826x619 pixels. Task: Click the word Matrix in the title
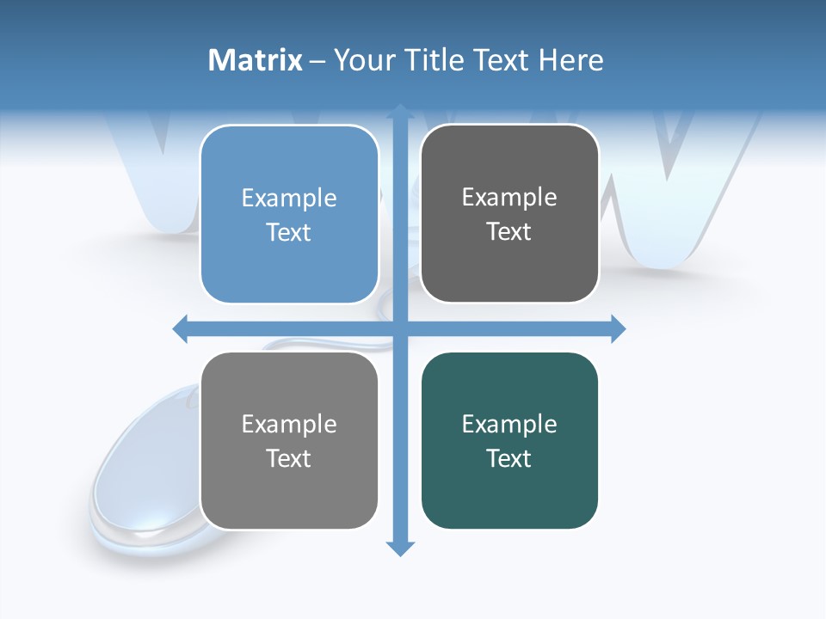click(255, 60)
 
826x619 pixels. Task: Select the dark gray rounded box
click(509, 267)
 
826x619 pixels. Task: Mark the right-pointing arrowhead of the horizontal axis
click(617, 328)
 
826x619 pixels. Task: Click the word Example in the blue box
click(289, 198)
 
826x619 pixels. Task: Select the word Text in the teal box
click(509, 458)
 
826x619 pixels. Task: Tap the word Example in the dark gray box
click(509, 197)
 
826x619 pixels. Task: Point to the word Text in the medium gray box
click(288, 458)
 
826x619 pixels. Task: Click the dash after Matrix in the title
click(317, 61)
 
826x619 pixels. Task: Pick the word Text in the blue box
click(288, 232)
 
